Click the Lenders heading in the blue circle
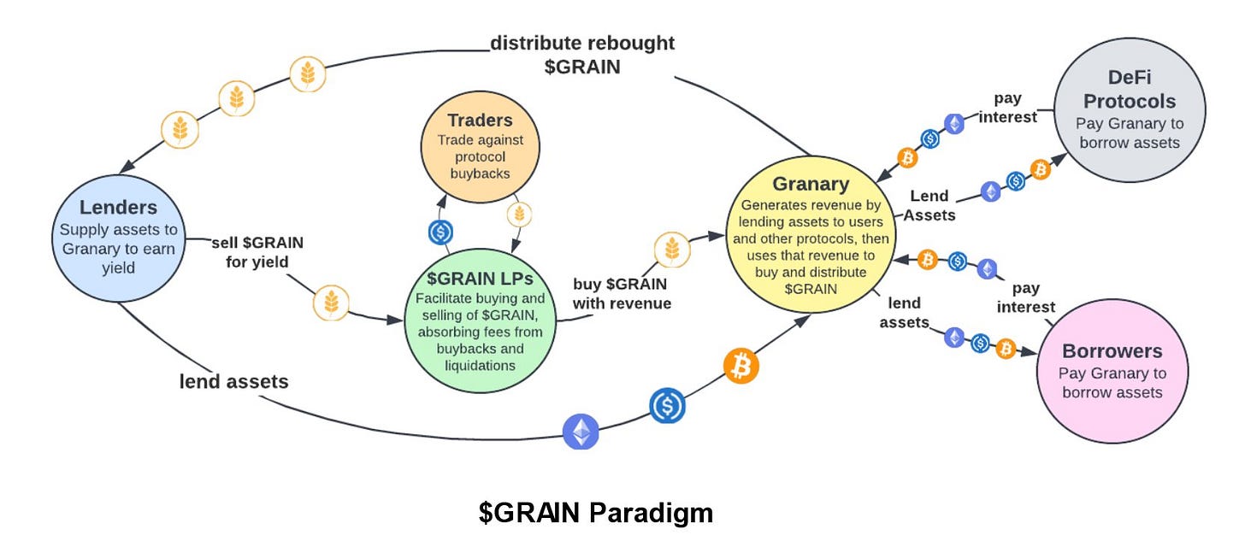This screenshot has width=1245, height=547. pos(118,207)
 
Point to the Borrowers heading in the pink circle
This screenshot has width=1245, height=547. pos(1112,351)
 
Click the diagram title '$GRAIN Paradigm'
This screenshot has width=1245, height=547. pos(595,513)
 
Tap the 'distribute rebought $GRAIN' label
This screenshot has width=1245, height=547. pos(582,54)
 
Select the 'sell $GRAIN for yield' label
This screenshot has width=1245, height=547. pos(257,251)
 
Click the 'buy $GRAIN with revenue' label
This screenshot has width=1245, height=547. pos(622,293)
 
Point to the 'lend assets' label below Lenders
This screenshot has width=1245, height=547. pos(233,381)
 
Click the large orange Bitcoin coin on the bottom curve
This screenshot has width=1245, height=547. pos(741,366)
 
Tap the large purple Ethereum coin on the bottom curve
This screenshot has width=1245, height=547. pos(581,432)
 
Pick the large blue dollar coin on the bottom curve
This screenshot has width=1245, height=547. pos(667,405)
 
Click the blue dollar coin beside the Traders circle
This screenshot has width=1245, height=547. pos(440,231)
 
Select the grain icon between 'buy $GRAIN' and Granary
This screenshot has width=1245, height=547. pos(672,249)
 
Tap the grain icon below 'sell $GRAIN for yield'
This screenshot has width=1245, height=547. pos(330,303)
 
